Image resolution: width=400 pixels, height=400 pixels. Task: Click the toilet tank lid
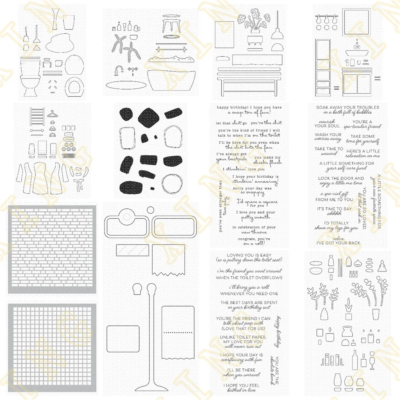click(30, 64)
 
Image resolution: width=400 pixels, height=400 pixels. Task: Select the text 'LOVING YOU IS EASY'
click(249, 255)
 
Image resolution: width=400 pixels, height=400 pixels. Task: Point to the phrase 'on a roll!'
click(249, 244)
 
